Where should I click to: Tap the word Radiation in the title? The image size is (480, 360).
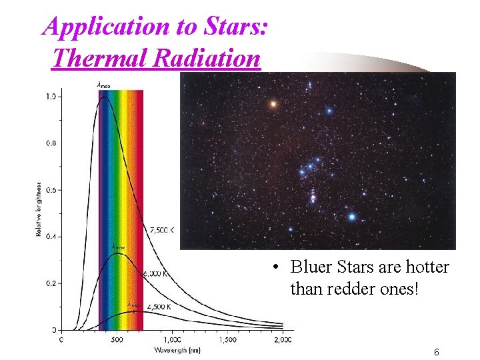click(207, 57)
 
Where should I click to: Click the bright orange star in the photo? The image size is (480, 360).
click(273, 103)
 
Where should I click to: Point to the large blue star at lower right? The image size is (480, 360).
click(351, 217)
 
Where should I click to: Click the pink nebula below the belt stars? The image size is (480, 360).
click(312, 197)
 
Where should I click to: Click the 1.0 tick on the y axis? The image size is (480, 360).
click(51, 97)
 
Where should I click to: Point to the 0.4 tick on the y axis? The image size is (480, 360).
click(51, 237)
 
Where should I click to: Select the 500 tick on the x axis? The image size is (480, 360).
click(116, 339)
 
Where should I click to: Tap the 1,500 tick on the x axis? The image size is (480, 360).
click(227, 339)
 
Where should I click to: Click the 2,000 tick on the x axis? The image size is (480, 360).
click(283, 339)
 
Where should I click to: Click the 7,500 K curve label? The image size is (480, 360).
click(163, 230)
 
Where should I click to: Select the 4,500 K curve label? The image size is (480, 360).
click(159, 307)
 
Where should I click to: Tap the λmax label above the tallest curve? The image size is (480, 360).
click(104, 85)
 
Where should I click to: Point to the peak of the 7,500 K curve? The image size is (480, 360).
click(103, 97)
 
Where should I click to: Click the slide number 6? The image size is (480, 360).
click(436, 352)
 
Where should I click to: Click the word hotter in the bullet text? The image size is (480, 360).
click(427, 267)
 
